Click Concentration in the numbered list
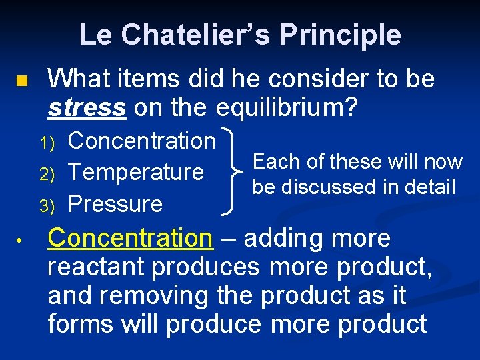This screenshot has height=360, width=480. pos(142,141)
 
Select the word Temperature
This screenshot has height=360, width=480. pos(136,172)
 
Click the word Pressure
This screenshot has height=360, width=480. pos(115,203)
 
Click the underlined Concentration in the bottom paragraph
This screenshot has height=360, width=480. pos(129,238)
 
